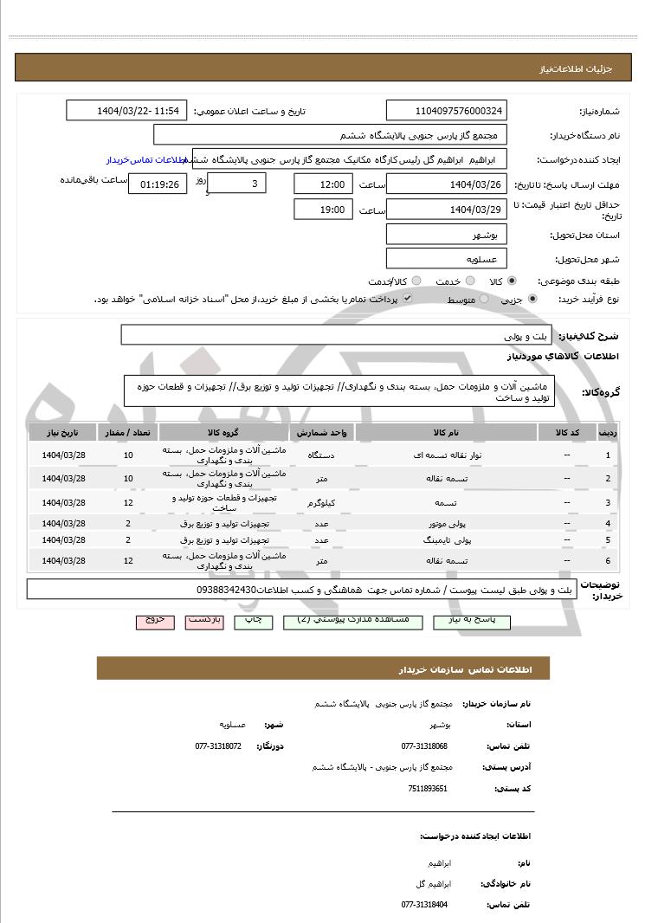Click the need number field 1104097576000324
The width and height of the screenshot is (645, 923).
(x=447, y=111)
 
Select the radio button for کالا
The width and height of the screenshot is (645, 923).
(x=512, y=281)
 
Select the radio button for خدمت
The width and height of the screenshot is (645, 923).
(x=469, y=281)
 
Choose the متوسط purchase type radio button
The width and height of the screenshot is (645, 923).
(x=483, y=299)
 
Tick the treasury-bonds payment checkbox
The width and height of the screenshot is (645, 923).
(x=407, y=298)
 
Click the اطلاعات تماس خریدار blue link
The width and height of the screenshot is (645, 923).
(x=148, y=160)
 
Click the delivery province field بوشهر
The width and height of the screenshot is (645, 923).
(x=446, y=235)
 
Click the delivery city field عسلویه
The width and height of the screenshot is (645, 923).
(x=446, y=258)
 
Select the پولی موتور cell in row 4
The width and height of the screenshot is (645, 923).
(x=446, y=524)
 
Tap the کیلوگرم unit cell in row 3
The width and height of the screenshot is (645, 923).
(x=321, y=502)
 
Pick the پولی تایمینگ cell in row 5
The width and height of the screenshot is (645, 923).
(x=446, y=540)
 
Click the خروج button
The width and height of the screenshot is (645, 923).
(x=155, y=621)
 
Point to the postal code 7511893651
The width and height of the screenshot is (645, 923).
(x=428, y=789)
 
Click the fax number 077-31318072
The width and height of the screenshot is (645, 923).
(x=218, y=745)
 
